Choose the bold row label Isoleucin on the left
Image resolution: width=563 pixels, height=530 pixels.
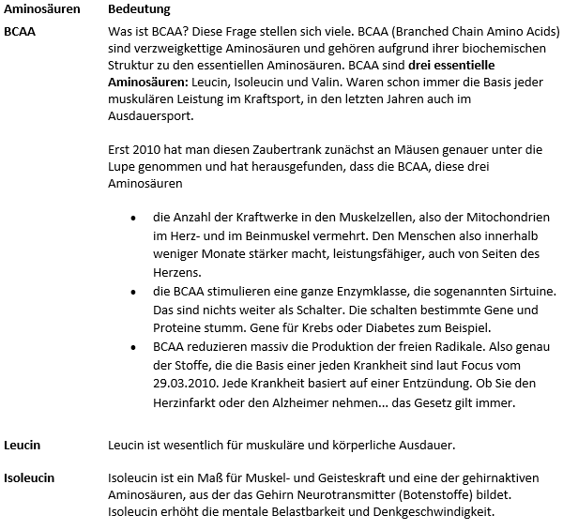tap(29, 477)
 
